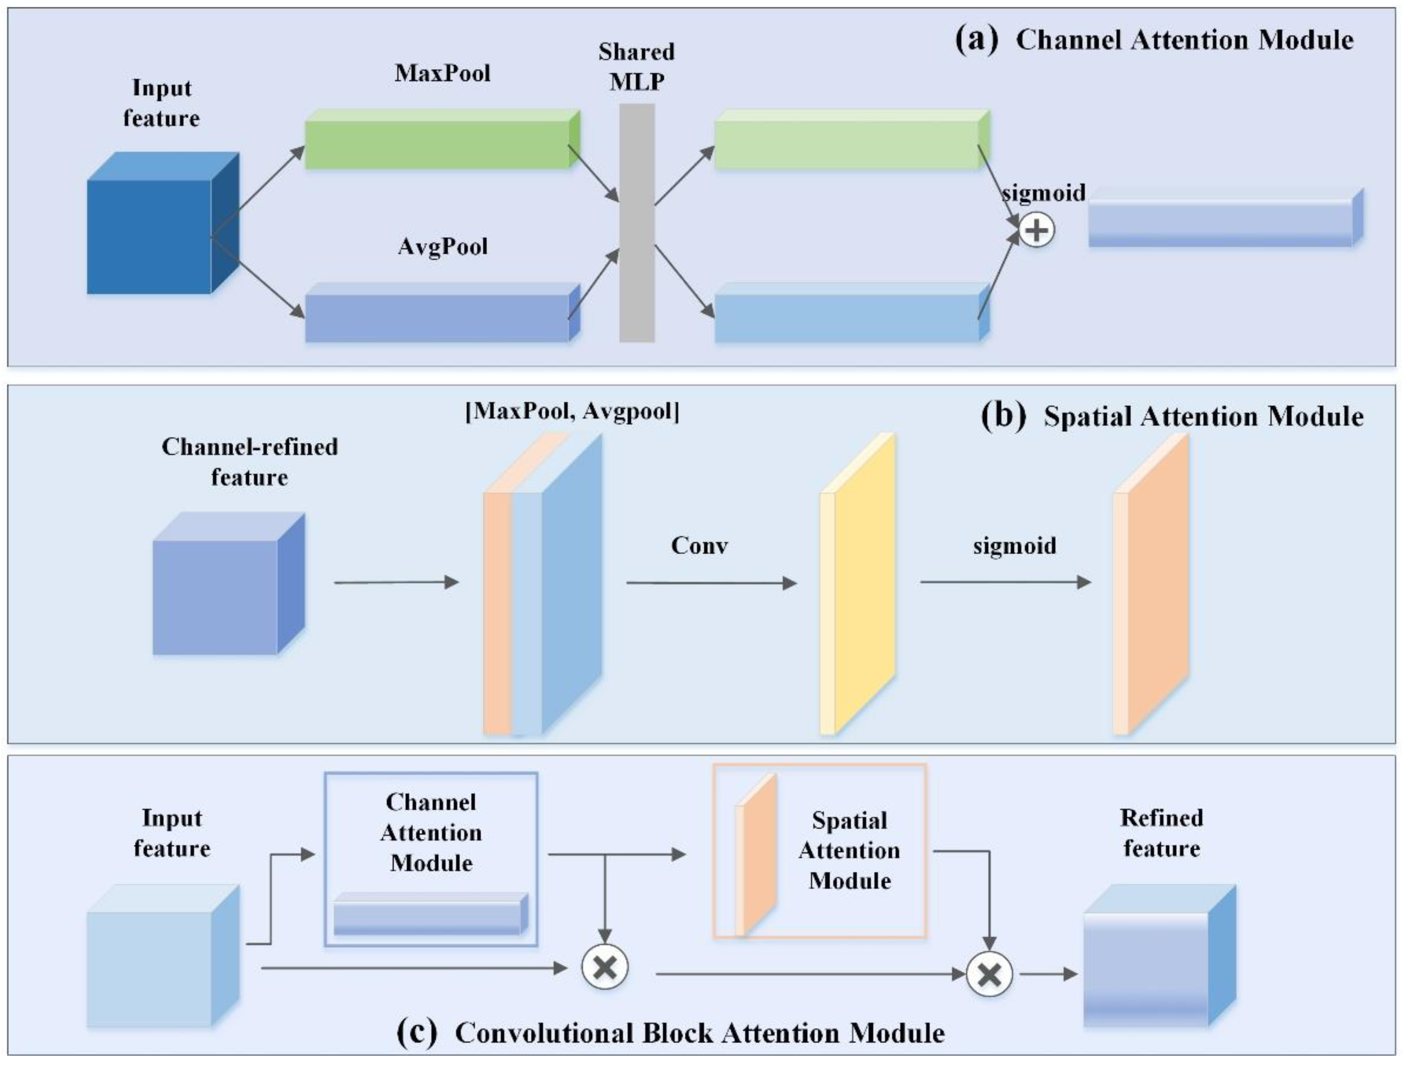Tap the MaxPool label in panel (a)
pyautogui.click(x=442, y=73)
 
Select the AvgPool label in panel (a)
pyautogui.click(x=442, y=247)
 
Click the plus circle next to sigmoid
pyautogui.click(x=1037, y=231)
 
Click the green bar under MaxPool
pyautogui.click(x=437, y=145)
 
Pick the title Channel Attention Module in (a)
pyautogui.click(x=1184, y=40)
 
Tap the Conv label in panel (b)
pyautogui.click(x=699, y=545)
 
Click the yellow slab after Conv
pyautogui.click(x=859, y=583)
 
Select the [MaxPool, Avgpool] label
pyautogui.click(x=572, y=413)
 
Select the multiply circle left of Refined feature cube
pyautogui.click(x=989, y=974)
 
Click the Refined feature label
pyautogui.click(x=1161, y=833)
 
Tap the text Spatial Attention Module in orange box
pyautogui.click(x=849, y=851)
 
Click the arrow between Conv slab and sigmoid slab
pyautogui.click(x=1005, y=582)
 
